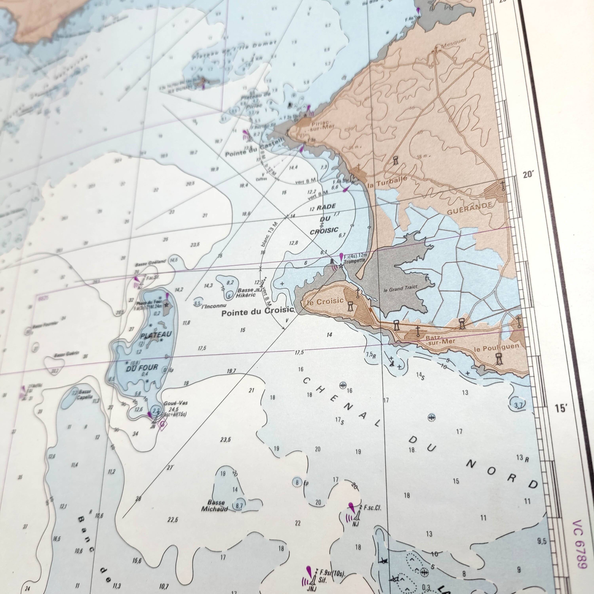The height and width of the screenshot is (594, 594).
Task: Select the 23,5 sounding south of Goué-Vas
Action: point(225,440)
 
